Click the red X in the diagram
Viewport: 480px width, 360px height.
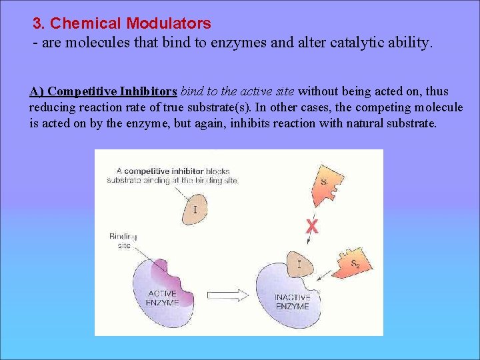click(311, 226)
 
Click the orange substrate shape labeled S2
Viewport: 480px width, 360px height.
click(353, 263)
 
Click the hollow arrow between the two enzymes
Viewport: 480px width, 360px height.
click(227, 294)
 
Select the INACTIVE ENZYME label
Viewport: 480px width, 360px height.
click(292, 302)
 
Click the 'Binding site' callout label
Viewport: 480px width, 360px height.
click(123, 240)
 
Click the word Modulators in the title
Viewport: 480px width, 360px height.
click(169, 23)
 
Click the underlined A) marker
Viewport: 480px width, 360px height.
click(37, 91)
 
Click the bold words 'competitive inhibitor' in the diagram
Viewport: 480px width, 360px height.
click(163, 171)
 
